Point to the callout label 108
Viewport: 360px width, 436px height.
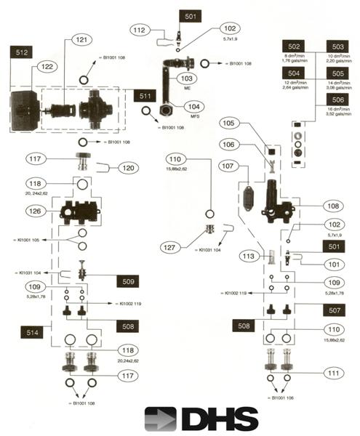pos(331,206)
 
